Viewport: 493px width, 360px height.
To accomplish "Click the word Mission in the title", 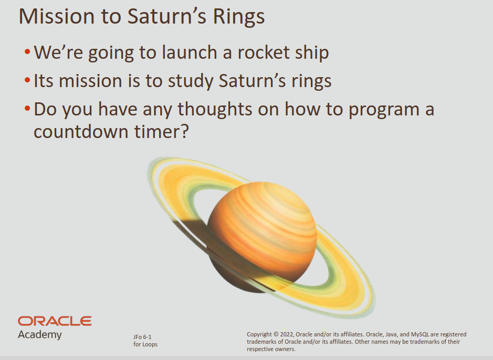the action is (x=57, y=16).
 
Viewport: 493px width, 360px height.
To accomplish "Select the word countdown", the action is (x=81, y=131).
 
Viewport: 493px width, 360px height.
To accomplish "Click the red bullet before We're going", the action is (x=27, y=51).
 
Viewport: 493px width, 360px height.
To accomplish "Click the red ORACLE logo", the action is (x=55, y=321).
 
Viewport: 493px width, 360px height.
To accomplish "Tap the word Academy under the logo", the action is (x=39, y=335).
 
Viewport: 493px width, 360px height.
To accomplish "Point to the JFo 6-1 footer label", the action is (x=142, y=337).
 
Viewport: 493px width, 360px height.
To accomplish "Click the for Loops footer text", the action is (x=145, y=345).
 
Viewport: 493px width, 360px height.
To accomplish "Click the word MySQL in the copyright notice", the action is (x=419, y=334).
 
